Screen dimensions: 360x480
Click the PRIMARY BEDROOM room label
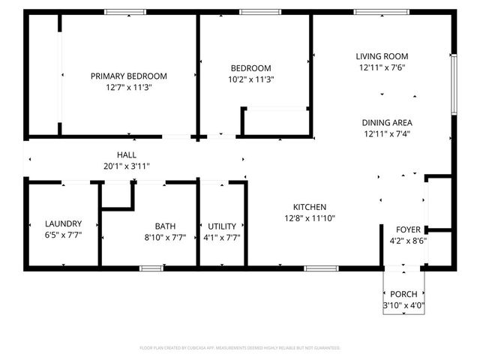tap(128, 76)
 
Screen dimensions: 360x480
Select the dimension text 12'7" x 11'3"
tap(128, 87)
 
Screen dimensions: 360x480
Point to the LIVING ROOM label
tap(382, 56)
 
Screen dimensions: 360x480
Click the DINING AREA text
tap(387, 122)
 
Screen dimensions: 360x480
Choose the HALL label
tap(126, 154)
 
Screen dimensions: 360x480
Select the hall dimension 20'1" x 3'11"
tap(126, 166)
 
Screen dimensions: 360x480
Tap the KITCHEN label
tap(309, 207)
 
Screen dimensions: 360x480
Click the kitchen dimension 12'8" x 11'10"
tap(309, 218)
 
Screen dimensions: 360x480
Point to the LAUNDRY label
tap(63, 224)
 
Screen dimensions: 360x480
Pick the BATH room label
tap(165, 226)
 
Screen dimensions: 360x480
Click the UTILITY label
tap(222, 226)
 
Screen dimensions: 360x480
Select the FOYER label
tap(409, 229)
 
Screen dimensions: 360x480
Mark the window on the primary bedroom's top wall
tap(124, 11)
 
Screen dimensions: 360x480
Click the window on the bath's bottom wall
tap(152, 268)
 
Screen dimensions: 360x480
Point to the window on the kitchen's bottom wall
tap(321, 268)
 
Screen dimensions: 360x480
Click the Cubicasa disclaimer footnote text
tap(240, 348)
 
